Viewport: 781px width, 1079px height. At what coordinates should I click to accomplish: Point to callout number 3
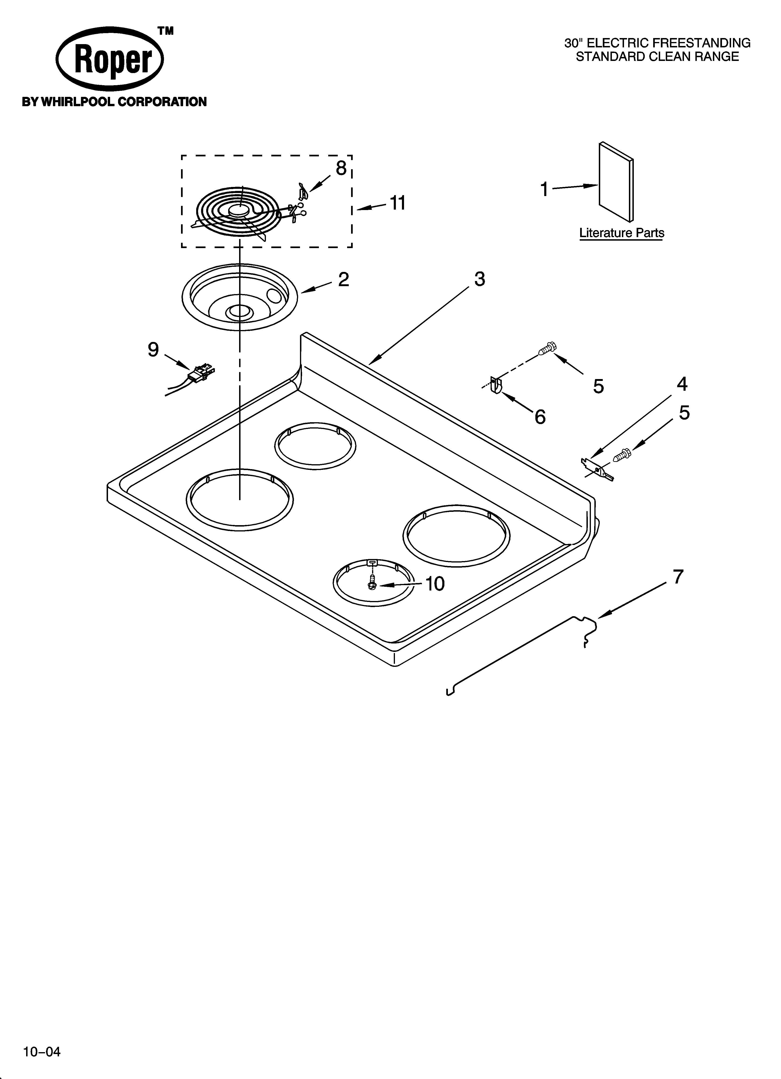click(x=479, y=279)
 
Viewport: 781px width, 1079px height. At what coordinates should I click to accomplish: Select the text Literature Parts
click(x=621, y=233)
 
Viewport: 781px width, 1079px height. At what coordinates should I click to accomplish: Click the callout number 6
click(x=540, y=417)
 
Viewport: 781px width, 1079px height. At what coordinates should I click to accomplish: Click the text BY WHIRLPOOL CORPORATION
click(x=114, y=102)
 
